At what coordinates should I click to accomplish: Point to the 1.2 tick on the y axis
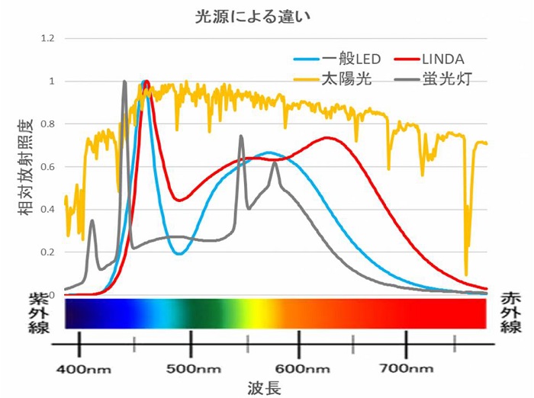tap(47, 38)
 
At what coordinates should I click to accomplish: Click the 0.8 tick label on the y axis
tap(47, 124)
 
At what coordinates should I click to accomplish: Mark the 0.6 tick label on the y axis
tap(47, 167)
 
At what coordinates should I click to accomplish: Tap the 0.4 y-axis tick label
tap(47, 210)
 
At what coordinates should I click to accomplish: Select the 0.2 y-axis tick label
tap(47, 252)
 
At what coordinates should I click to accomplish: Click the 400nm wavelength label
tap(79, 369)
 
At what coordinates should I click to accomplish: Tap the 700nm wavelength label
tap(407, 369)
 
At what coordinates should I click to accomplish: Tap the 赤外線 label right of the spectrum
tap(510, 312)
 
